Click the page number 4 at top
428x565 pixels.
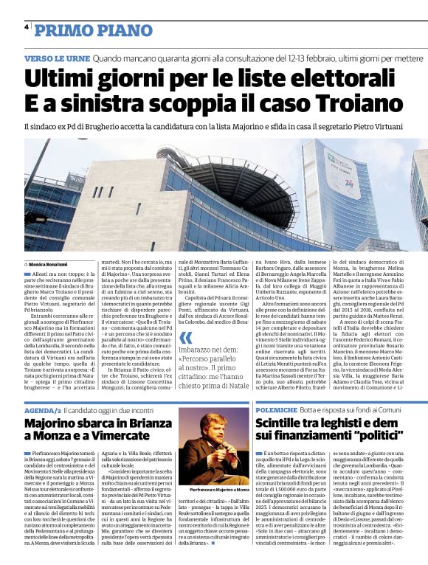click(27, 28)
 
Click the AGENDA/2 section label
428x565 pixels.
click(42, 409)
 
